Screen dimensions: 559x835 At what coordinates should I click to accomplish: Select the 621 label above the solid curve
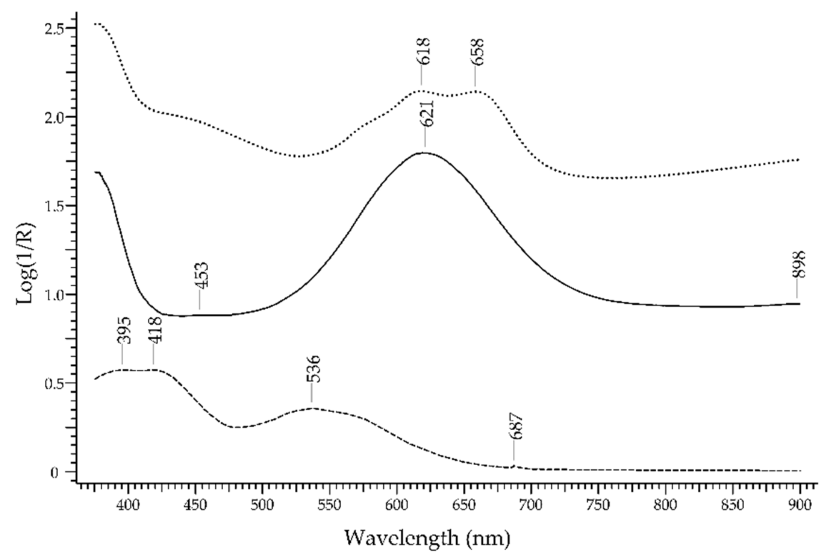[x=427, y=113]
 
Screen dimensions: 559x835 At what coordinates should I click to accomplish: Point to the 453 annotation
[x=202, y=275]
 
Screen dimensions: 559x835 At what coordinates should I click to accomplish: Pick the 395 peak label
[x=125, y=330]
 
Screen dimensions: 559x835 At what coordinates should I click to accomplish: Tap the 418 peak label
[x=156, y=330]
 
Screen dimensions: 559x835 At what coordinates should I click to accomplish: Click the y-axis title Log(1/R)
[x=26, y=264]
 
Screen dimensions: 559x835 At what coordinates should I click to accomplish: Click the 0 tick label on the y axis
[x=55, y=473]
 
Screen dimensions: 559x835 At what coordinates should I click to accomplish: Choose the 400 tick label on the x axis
[x=128, y=505]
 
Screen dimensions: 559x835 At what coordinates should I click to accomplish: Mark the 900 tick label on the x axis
[x=800, y=505]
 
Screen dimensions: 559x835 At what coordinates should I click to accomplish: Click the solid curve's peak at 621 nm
[x=424, y=153]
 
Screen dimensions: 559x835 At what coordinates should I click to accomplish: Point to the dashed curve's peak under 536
[x=312, y=408]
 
